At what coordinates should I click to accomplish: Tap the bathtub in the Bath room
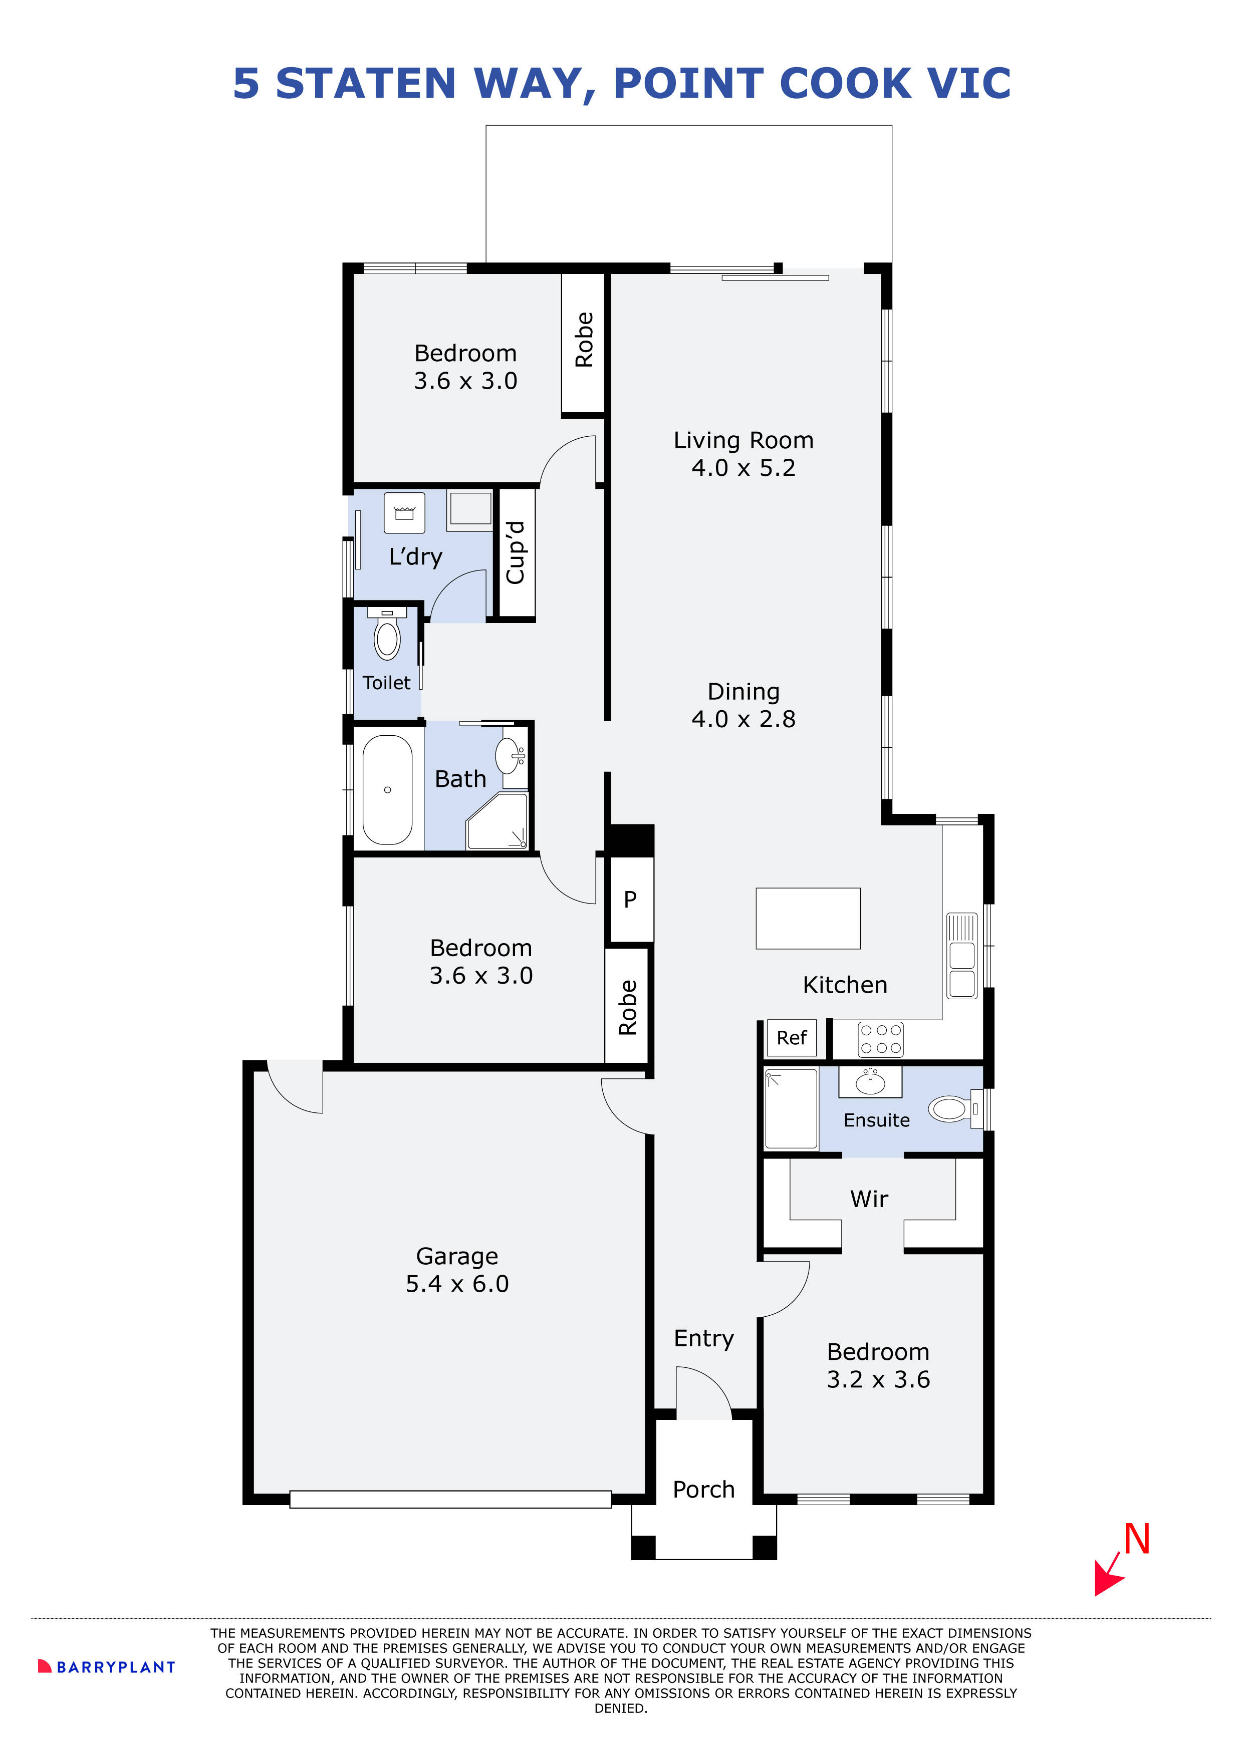387,790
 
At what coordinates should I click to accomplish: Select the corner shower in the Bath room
498,821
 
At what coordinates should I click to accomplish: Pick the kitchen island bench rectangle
808,918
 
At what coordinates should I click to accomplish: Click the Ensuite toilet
953,1109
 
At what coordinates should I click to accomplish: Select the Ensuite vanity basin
871,1082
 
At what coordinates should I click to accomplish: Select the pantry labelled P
630,899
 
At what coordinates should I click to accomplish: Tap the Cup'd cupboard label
516,552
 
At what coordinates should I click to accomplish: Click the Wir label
869,1199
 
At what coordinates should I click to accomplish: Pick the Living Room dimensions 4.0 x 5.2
743,468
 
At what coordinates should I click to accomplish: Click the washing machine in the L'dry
404,513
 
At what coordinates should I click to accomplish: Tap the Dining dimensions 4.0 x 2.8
743,719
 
